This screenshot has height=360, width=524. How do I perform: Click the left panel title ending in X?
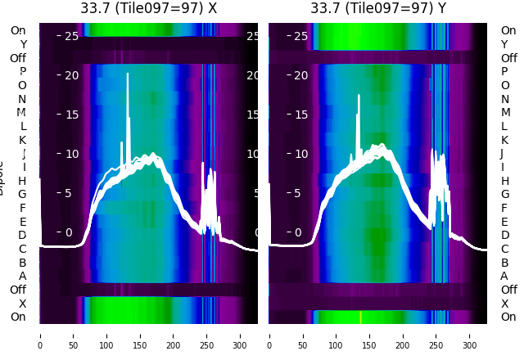pyautogui.click(x=149, y=8)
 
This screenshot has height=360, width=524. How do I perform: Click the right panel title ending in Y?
pyautogui.click(x=378, y=8)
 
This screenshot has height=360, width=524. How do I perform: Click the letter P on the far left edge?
pyautogui.click(x=22, y=72)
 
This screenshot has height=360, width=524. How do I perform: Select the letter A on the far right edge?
pyautogui.click(x=504, y=276)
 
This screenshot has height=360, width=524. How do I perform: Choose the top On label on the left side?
pyautogui.click(x=18, y=30)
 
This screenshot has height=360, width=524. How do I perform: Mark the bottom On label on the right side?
pyautogui.click(x=508, y=317)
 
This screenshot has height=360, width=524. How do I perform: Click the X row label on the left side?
pyautogui.click(x=22, y=304)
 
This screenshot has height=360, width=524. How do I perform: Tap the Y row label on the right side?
pyautogui.click(x=504, y=44)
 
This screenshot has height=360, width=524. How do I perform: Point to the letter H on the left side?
pyautogui.click(x=22, y=181)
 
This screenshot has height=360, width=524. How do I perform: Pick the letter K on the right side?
pyautogui.click(x=504, y=140)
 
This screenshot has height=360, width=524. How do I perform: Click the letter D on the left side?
pyautogui.click(x=22, y=235)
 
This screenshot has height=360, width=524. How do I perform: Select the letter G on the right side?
pyautogui.click(x=504, y=194)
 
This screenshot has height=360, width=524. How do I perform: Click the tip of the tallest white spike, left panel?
pyautogui.click(x=128, y=74)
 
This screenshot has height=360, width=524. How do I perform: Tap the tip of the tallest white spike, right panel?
pyautogui.click(x=359, y=95)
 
